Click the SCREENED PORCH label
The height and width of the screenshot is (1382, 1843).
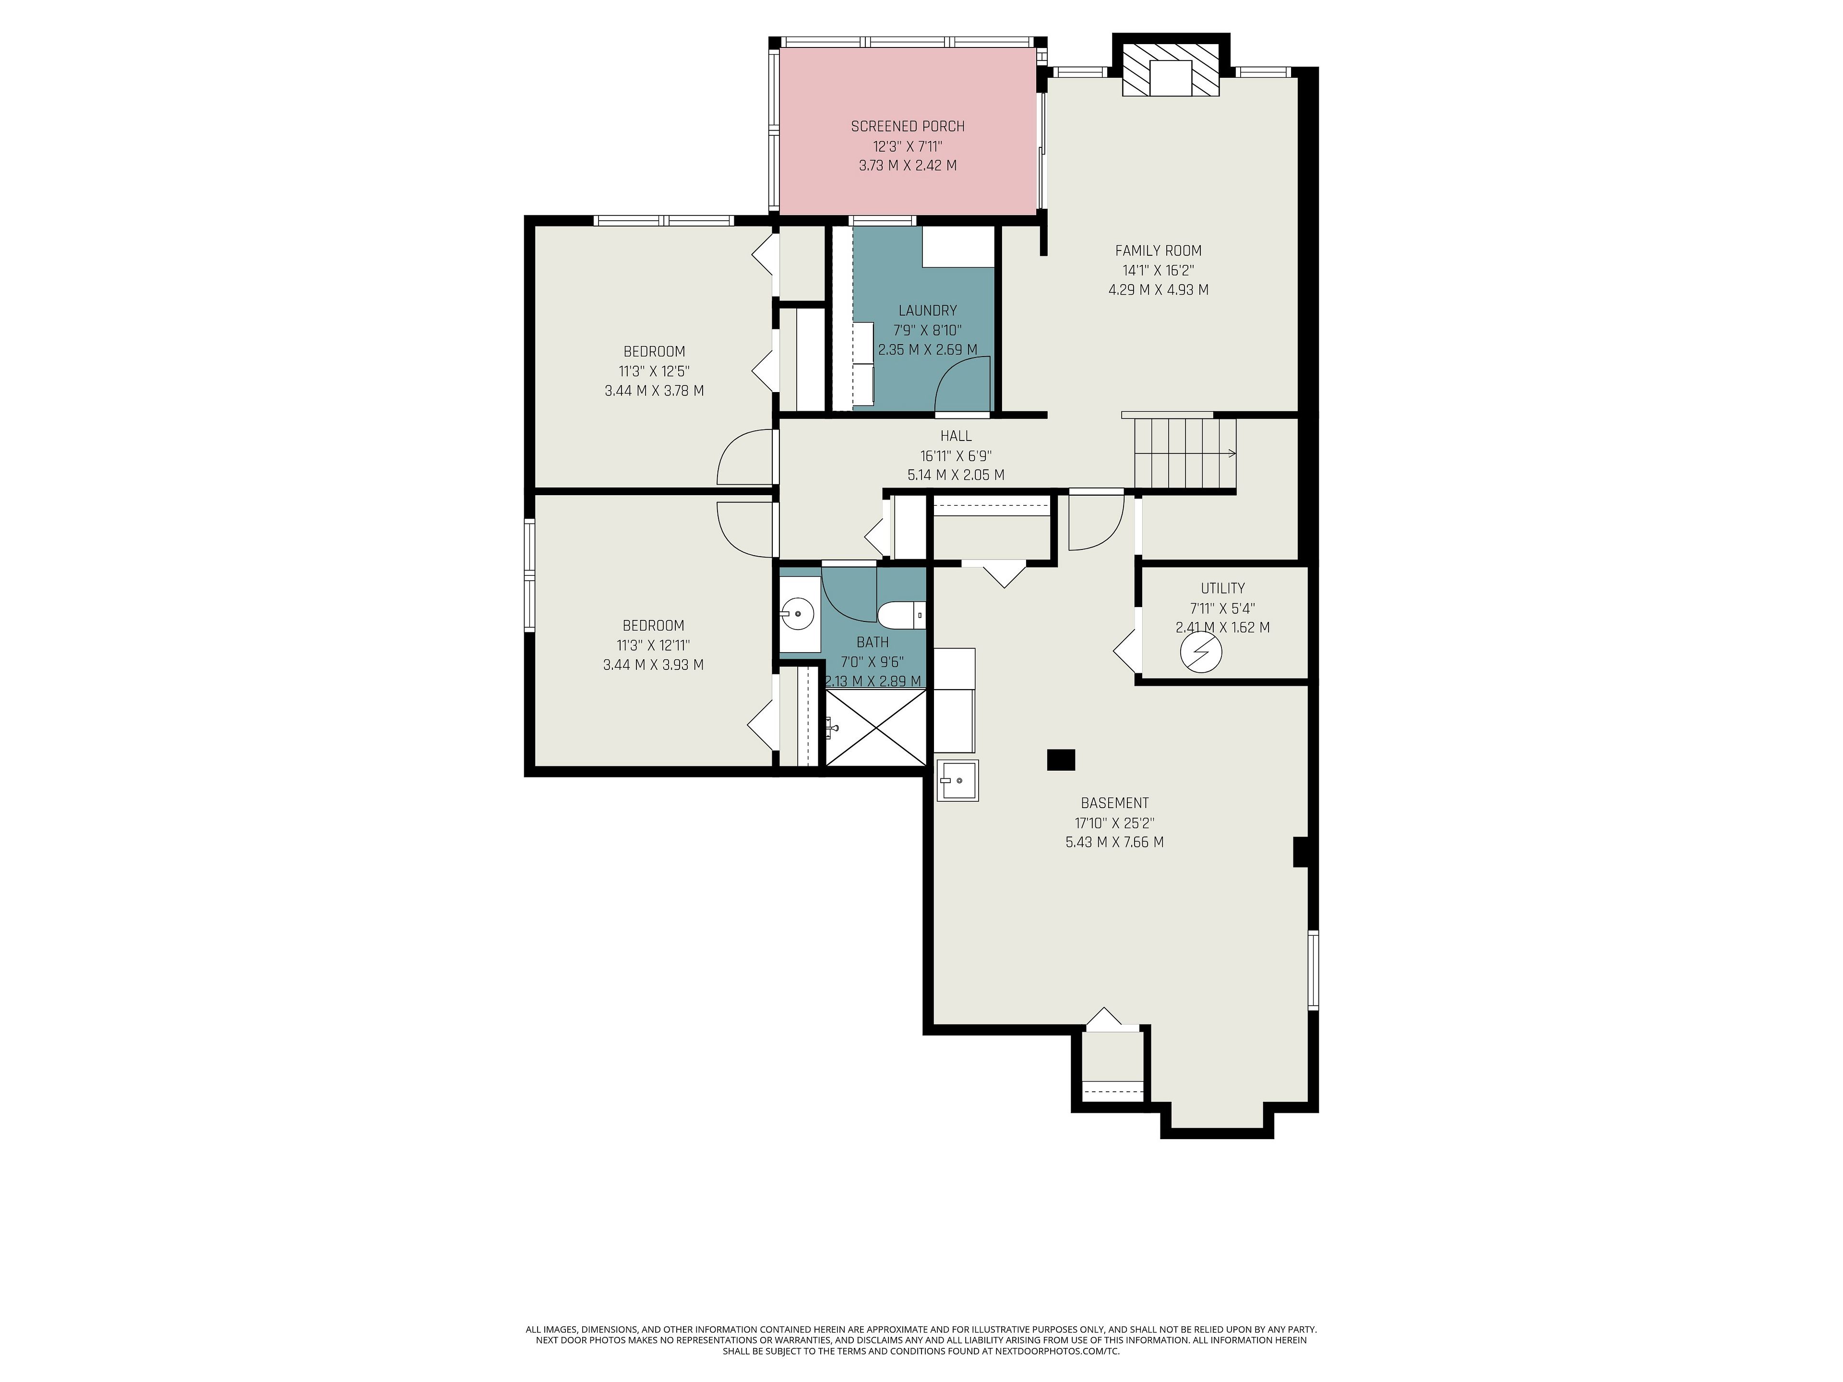tap(907, 127)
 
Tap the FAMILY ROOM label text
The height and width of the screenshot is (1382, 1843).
tap(1158, 251)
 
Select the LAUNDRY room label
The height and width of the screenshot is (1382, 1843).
tap(927, 311)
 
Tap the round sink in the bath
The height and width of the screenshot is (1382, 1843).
tap(798, 614)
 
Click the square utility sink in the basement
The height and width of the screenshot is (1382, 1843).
tap(957, 781)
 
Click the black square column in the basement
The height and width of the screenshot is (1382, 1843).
tap(1061, 760)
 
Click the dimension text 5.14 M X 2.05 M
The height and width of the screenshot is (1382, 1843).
tap(956, 476)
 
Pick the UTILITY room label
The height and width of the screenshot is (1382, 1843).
tap(1222, 588)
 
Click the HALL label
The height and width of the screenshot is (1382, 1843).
tap(956, 436)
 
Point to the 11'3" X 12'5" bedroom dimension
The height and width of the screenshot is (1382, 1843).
tap(654, 371)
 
